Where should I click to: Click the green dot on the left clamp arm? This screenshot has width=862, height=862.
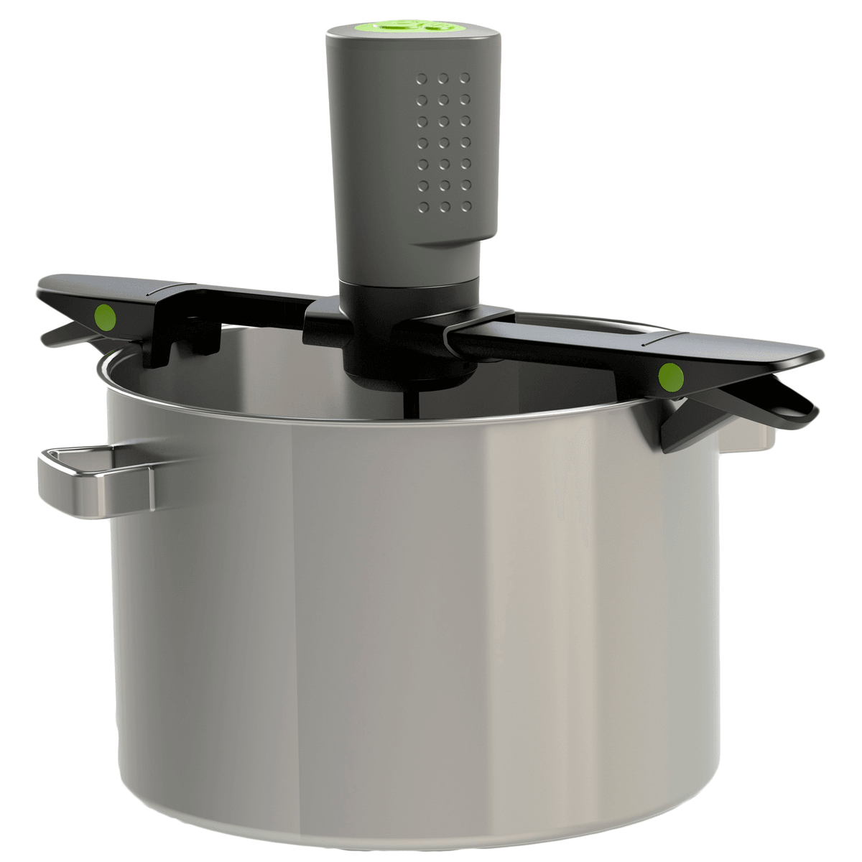tap(105, 315)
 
